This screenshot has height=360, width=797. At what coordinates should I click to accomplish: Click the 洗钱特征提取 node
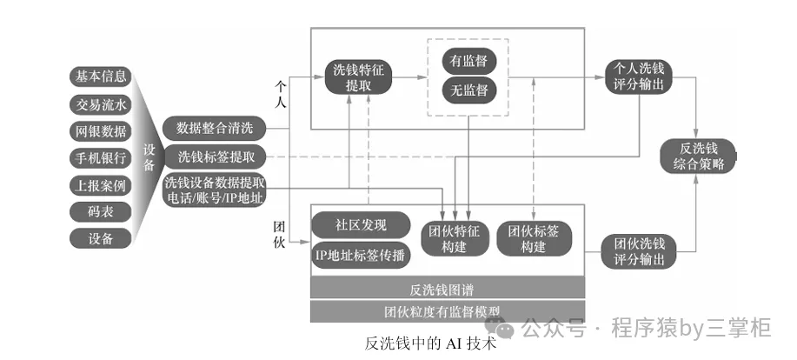point(357,78)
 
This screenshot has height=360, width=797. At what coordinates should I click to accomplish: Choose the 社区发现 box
point(360,224)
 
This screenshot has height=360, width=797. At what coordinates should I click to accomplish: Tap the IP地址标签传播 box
point(360,257)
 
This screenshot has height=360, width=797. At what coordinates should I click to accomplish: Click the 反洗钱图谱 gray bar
point(448,289)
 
